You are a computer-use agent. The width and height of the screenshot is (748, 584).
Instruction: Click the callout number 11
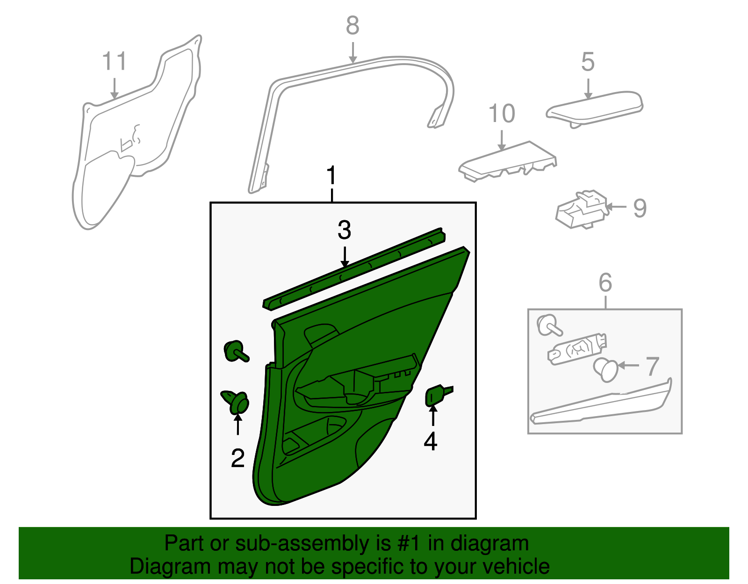point(115,61)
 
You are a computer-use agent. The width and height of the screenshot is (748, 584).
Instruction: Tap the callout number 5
point(588,62)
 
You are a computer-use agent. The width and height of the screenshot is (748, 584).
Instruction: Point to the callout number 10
point(502,114)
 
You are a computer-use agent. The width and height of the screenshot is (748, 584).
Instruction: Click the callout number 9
point(640,208)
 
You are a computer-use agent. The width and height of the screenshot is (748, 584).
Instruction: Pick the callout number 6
point(605,282)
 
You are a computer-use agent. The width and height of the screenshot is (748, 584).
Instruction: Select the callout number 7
point(653,366)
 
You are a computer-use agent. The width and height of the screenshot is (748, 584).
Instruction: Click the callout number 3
point(344,231)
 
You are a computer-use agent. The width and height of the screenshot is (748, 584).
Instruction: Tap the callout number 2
point(237,458)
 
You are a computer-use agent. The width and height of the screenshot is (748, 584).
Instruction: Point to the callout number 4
point(430,441)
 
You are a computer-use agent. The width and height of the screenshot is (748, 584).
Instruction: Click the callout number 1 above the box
point(331,176)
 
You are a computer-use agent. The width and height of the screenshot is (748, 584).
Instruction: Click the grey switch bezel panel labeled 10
point(507,160)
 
